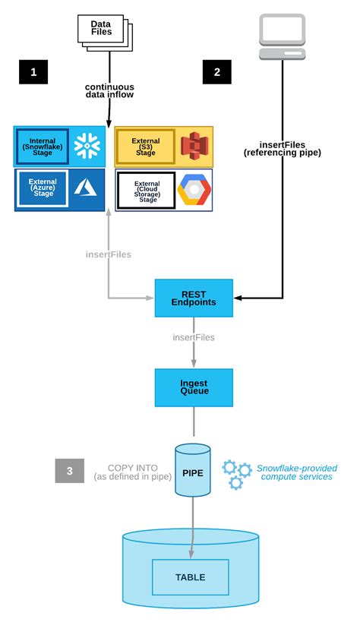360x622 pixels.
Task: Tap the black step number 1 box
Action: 33,72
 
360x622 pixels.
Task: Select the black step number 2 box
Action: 217,72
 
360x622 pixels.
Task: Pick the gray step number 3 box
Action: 69,471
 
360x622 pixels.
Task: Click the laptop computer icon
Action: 283,36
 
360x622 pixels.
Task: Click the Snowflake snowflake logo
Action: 87,146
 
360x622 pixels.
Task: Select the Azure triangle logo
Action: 86,190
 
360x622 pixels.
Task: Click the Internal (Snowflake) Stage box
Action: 42,146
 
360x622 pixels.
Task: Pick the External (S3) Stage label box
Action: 145,146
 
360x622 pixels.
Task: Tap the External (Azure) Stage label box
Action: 43,188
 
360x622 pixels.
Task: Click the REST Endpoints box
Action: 194,298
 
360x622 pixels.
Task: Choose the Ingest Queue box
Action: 194,387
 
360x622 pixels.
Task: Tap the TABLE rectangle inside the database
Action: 190,576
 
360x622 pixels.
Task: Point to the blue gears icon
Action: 236,473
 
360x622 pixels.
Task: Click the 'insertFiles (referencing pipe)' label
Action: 283,149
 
